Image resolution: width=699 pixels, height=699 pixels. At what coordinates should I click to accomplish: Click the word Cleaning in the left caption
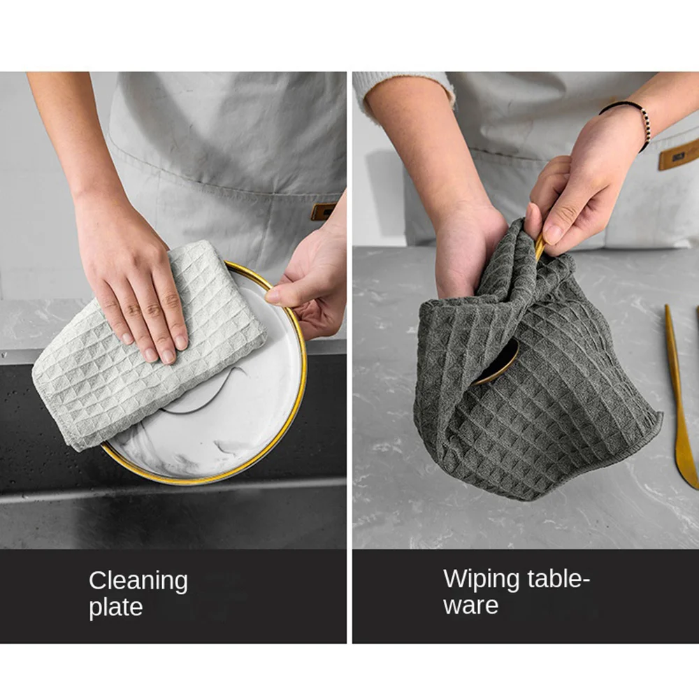click(x=138, y=582)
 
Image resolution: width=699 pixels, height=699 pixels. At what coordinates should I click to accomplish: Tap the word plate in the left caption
click(x=116, y=607)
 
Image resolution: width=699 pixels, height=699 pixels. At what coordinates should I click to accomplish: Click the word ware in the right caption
click(x=470, y=605)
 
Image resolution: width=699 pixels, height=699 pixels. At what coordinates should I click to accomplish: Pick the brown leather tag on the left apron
click(x=324, y=211)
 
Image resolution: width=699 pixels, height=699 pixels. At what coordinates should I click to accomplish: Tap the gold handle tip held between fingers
click(x=540, y=247)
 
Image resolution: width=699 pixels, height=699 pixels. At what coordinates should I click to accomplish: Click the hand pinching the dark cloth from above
click(x=579, y=187)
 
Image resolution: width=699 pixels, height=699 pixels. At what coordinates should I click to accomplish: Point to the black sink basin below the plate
click(x=169, y=512)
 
